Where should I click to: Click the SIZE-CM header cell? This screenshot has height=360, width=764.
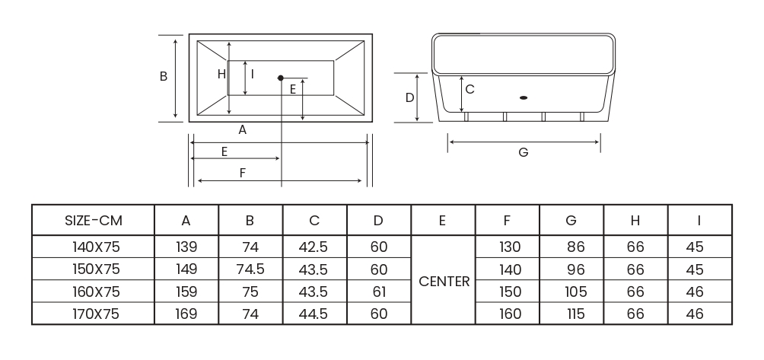point(93,221)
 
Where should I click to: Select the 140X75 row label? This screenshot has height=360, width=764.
point(93,247)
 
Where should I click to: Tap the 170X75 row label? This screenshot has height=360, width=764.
point(93,313)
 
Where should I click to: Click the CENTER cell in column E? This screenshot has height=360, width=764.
point(444,281)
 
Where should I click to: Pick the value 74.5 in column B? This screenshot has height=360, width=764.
point(250,269)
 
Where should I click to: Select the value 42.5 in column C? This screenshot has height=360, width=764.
point(314,247)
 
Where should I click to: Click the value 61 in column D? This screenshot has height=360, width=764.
point(378,292)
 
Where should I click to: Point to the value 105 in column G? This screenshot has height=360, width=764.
point(576,292)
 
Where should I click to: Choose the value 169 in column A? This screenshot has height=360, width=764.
point(186,313)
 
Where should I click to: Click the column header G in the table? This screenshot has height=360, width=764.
point(571,221)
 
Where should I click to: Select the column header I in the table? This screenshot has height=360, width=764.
point(699,221)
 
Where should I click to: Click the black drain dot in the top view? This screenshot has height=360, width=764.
point(281,78)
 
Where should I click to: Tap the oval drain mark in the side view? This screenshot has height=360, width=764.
point(523,97)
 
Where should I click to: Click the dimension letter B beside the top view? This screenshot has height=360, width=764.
point(164,77)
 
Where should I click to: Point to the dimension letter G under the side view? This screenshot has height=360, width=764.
point(523,152)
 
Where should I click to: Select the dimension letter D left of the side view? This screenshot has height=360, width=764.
point(409,97)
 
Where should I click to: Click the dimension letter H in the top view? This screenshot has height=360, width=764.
point(221,74)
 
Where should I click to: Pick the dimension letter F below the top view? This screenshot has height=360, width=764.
point(242,173)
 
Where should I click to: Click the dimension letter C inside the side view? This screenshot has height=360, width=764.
point(470,89)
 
